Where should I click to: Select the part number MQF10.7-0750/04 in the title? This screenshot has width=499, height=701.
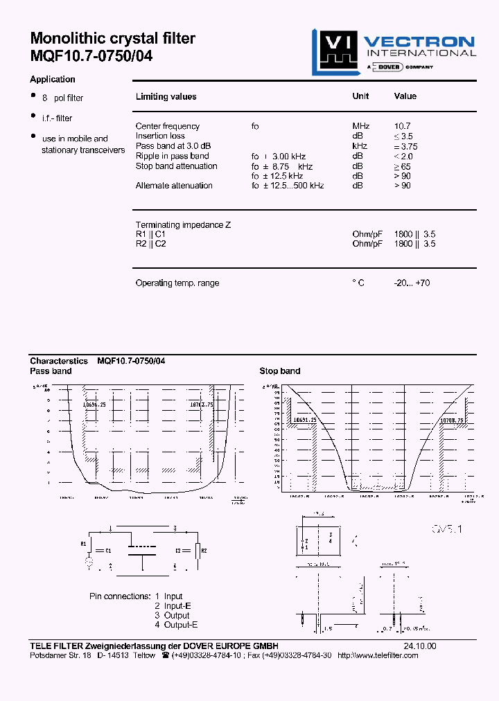pos(91,57)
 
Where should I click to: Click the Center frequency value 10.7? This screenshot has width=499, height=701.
pos(402,126)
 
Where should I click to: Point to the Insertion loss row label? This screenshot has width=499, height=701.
pos(160,136)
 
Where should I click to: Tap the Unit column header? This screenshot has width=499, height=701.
pos(360,96)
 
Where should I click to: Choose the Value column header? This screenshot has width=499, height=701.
pos(405,96)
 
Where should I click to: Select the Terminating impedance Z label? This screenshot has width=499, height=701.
pos(183,225)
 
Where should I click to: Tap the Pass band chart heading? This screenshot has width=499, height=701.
pos(51,371)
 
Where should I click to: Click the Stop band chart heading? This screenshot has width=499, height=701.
pos(279,371)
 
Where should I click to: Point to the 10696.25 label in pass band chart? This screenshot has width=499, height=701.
pos(94,404)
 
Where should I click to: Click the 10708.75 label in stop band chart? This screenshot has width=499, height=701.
pos(451,420)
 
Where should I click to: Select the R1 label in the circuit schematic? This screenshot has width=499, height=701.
pos(84,544)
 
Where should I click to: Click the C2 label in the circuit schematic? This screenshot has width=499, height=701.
pos(178,549)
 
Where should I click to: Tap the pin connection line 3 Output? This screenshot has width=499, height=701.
pos(172,615)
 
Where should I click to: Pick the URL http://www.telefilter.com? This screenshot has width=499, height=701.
pos(378,655)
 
